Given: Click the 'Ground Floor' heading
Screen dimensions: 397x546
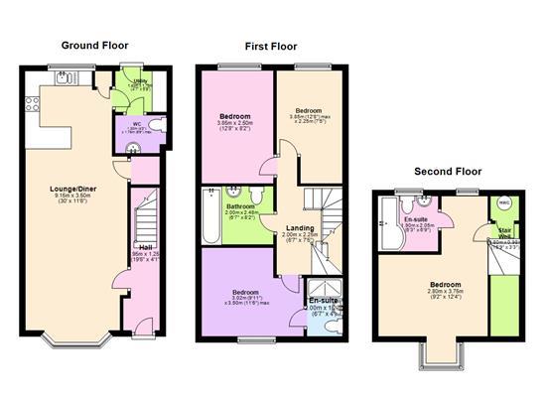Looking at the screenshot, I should (x=94, y=46).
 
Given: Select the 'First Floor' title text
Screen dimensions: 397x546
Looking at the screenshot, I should (x=271, y=46).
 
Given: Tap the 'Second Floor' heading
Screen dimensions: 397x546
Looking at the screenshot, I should (x=448, y=172).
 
